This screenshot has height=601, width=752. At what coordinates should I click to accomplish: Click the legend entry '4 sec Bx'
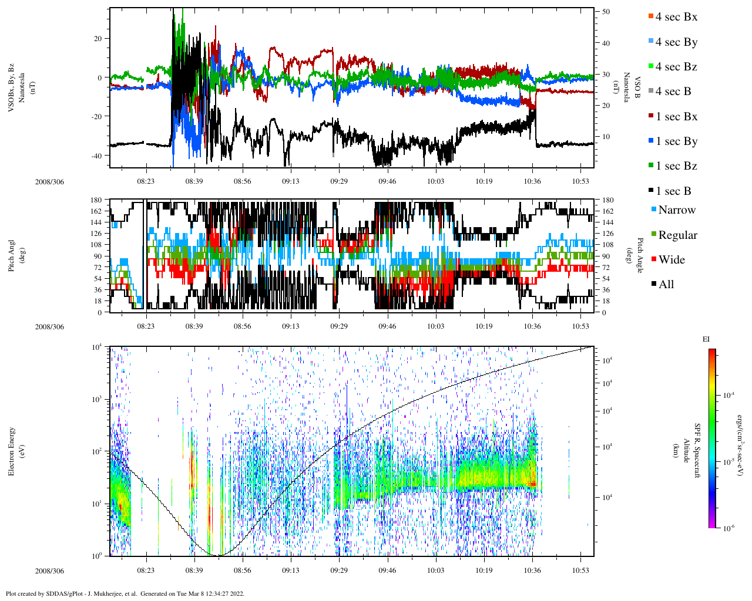point(676,17)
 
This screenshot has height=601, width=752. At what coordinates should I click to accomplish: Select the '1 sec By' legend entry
point(676,141)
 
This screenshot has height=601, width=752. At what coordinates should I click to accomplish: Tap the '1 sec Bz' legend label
point(676,166)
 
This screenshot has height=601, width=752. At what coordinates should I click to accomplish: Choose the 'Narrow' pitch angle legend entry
point(676,210)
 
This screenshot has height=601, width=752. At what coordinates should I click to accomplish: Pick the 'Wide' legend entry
point(672,260)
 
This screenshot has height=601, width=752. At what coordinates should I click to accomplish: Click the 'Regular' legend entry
point(677,235)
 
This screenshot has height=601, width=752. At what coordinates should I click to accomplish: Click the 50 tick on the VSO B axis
point(606,12)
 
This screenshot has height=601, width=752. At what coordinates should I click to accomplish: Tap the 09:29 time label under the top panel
point(339,181)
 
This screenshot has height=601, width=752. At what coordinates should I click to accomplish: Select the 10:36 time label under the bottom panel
point(532,570)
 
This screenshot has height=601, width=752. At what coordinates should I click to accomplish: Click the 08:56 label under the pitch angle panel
point(242,326)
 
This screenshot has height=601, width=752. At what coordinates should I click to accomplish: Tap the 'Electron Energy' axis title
point(12,451)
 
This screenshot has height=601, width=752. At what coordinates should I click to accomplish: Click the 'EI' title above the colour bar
point(706,339)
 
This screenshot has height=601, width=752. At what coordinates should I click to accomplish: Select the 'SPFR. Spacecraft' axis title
point(697,451)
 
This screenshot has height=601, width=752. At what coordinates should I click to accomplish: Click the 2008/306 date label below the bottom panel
point(49,571)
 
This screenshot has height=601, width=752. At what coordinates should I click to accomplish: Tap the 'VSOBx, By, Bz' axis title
point(12,88)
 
